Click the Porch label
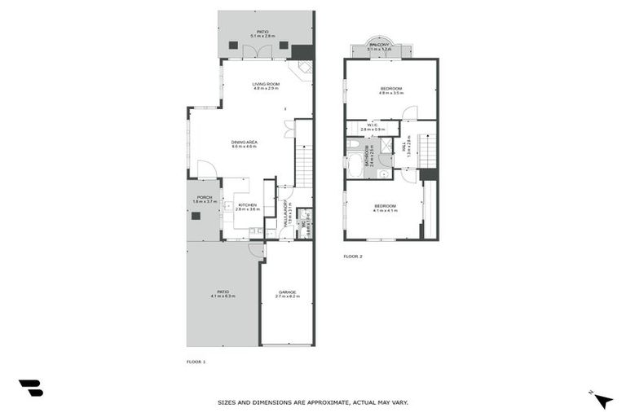[202, 199]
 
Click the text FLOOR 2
[352, 256]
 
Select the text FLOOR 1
[196, 361]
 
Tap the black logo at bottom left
[30, 388]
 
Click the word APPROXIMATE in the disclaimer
[321, 402]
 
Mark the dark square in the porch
[196, 216]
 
